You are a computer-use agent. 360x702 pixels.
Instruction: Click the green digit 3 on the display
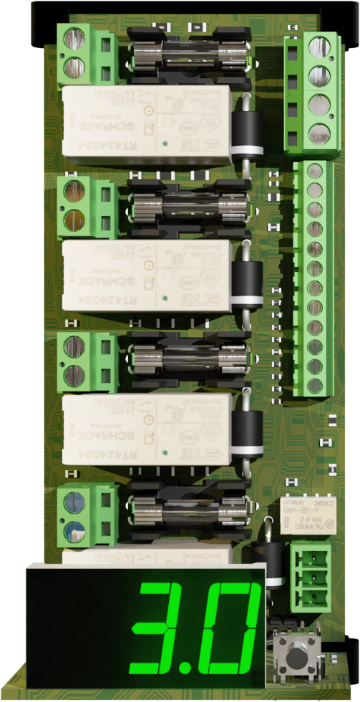click(161, 628)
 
